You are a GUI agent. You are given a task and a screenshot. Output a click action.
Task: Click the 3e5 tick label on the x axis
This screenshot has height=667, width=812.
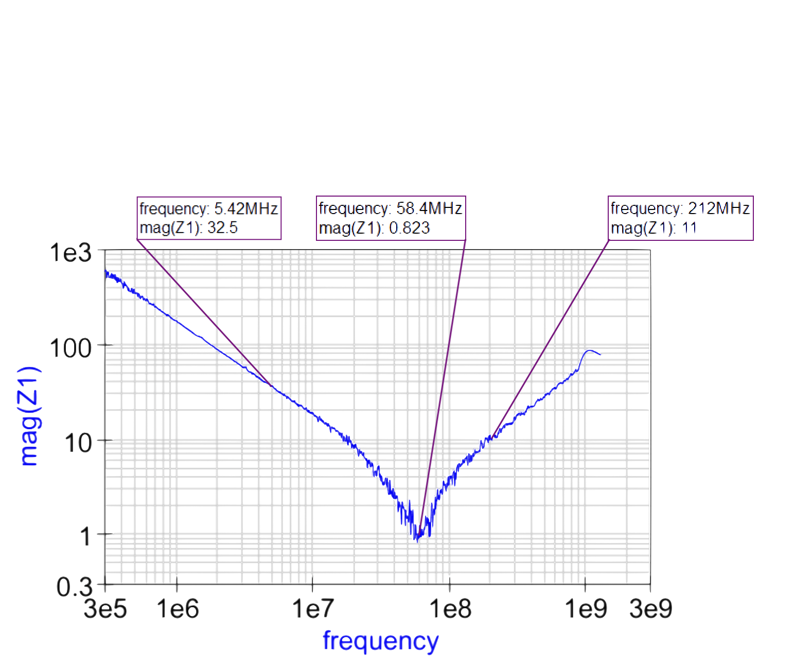105,610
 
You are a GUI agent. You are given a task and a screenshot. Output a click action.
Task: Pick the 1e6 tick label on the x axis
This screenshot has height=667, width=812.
178,610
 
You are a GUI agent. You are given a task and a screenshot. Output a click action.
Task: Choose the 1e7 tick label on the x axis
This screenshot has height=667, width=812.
313,610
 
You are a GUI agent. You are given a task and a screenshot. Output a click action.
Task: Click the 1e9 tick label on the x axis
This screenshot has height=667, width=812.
586,610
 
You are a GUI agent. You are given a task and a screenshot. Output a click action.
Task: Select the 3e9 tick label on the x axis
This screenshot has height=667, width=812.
650,610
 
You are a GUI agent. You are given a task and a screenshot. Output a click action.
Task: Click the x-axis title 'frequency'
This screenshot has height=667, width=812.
381,641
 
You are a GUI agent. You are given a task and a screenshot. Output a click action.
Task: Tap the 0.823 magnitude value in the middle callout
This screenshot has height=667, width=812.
409,227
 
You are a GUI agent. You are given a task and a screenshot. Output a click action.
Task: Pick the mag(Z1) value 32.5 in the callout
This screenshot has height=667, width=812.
222,227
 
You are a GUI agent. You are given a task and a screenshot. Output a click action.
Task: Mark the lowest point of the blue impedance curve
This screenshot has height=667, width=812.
416,540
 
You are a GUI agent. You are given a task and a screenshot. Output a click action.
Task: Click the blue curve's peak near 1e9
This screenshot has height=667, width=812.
589,350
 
